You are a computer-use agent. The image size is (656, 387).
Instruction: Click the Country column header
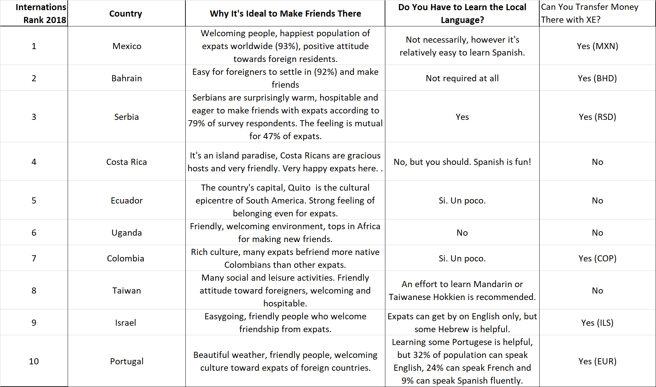pyautogui.click(x=126, y=14)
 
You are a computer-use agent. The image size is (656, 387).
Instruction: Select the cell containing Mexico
pyautogui.click(x=127, y=46)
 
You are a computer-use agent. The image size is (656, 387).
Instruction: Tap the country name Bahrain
pyautogui.click(x=127, y=78)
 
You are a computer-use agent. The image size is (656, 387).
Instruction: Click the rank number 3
pyautogui.click(x=34, y=117)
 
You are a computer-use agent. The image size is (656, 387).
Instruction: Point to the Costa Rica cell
pyautogui.click(x=127, y=162)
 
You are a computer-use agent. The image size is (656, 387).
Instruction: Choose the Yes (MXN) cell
pyautogui.click(x=597, y=46)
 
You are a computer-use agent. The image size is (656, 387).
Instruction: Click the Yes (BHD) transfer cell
pyautogui.click(x=597, y=78)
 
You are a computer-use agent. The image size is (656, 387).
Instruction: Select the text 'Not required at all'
pyautogui.click(x=462, y=78)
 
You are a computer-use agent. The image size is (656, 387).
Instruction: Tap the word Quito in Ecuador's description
pyautogui.click(x=299, y=188)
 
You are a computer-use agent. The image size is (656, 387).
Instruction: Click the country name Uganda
pyautogui.click(x=127, y=233)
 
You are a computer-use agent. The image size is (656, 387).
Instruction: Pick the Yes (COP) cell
pyautogui.click(x=597, y=258)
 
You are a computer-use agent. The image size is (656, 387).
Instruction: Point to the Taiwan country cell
pyautogui.click(x=127, y=291)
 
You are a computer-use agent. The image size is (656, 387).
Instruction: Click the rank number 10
pyautogui.click(x=34, y=361)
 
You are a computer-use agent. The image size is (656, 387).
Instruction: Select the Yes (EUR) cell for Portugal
pyautogui.click(x=597, y=361)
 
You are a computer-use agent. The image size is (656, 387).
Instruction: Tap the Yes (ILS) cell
pyautogui.click(x=597, y=323)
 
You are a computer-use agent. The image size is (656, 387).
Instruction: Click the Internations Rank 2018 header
pyautogui.click(x=41, y=14)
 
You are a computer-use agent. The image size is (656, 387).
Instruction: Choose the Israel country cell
pyautogui.click(x=126, y=323)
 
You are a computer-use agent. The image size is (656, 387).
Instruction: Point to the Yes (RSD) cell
pyautogui.click(x=597, y=117)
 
